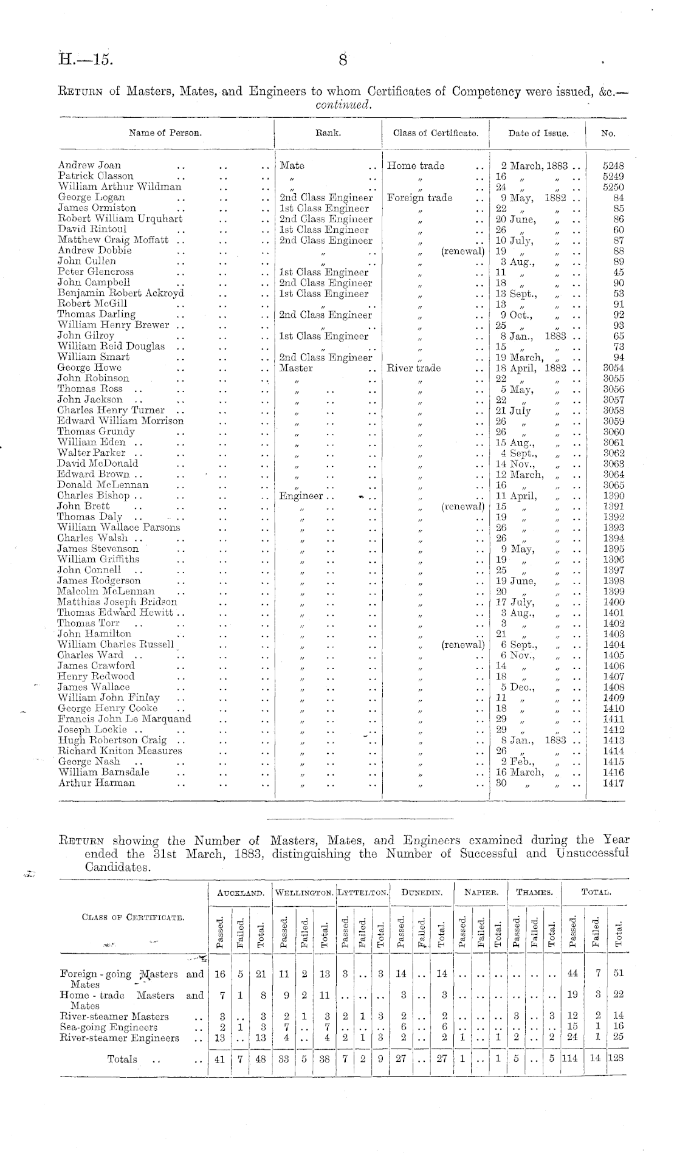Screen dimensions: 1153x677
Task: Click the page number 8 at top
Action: click(343, 60)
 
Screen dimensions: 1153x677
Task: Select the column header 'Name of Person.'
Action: click(165, 133)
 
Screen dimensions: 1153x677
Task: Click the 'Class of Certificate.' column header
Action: click(435, 133)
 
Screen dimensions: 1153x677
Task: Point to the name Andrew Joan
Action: click(89, 165)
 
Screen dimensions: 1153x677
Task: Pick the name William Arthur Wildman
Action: click(120, 187)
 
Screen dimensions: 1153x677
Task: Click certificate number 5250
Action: click(613, 187)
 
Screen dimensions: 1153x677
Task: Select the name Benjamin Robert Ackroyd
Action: click(120, 294)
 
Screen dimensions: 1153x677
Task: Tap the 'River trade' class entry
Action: click(414, 368)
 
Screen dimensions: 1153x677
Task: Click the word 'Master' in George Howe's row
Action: click(296, 368)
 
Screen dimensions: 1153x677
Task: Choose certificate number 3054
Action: click(613, 368)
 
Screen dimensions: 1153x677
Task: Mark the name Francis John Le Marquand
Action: click(124, 719)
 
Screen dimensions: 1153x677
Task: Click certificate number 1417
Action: click(613, 783)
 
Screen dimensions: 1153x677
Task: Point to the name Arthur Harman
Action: click(96, 783)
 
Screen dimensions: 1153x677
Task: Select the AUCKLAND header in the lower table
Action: click(240, 893)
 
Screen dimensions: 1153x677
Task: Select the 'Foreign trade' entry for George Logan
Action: click(419, 198)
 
